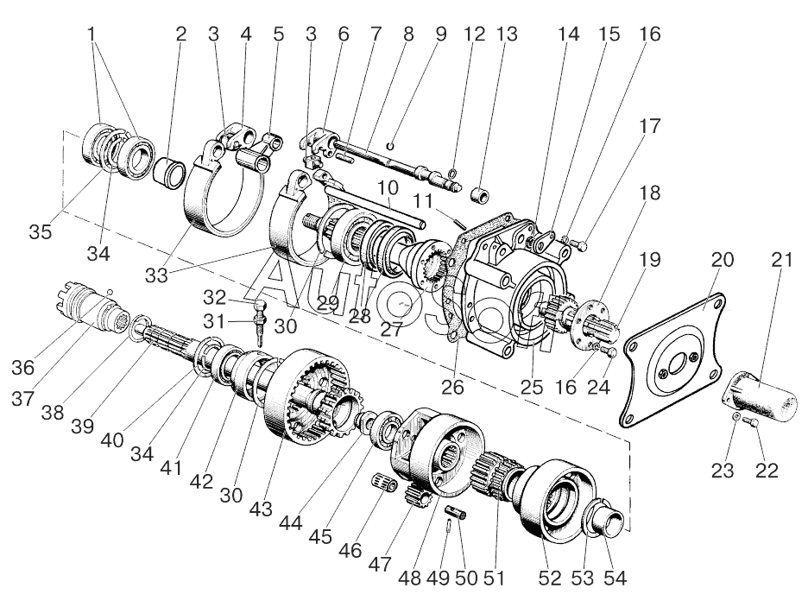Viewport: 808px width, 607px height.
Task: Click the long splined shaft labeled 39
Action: point(173,345)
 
